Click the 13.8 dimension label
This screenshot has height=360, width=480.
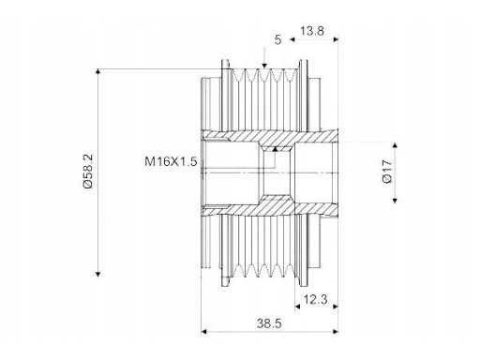(312, 31)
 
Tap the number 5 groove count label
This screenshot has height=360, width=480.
(277, 40)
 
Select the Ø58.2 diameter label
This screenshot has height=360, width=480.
(88, 172)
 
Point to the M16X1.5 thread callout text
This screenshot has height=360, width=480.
(171, 161)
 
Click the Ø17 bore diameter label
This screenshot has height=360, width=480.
(387, 172)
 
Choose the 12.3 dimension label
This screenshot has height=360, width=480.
(315, 300)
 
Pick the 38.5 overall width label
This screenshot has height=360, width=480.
(269, 323)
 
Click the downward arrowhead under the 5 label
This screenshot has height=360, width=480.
(264, 66)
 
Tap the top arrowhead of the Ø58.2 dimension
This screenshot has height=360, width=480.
(98, 71)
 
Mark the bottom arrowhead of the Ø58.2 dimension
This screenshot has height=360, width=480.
(98, 274)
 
